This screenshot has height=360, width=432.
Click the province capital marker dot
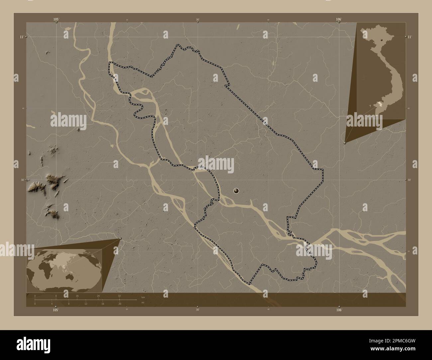[236, 190]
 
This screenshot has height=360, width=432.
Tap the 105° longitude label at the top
[56, 19]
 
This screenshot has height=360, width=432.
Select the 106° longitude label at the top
[339, 19]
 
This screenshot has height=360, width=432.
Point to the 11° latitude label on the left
[21, 37]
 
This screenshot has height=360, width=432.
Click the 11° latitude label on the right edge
[410, 37]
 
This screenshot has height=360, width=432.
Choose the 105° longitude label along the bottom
[56, 310]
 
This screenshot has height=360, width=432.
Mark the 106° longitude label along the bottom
[339, 310]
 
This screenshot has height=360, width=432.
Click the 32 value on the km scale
[119, 296]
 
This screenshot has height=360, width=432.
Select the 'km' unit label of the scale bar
[143, 297]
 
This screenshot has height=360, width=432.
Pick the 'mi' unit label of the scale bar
[143, 303]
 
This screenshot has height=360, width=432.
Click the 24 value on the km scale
[98, 296]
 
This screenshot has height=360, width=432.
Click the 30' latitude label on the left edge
[22, 180]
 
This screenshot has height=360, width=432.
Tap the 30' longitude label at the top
[197, 20]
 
